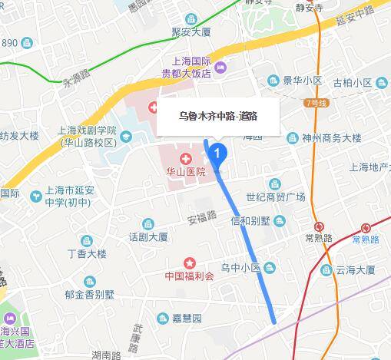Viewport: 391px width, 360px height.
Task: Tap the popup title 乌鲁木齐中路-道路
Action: point(217,115)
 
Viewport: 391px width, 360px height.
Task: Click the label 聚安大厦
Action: point(191,32)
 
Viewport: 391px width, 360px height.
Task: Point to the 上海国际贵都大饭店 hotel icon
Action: point(220,68)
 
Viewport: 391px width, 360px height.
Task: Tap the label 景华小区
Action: point(301,80)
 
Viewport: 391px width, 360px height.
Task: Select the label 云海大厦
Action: point(353,269)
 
